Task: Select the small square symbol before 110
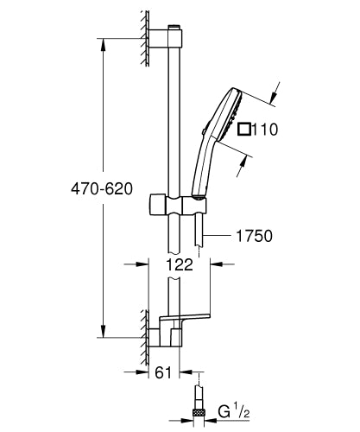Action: (x=244, y=131)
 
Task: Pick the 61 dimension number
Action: (x=161, y=374)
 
